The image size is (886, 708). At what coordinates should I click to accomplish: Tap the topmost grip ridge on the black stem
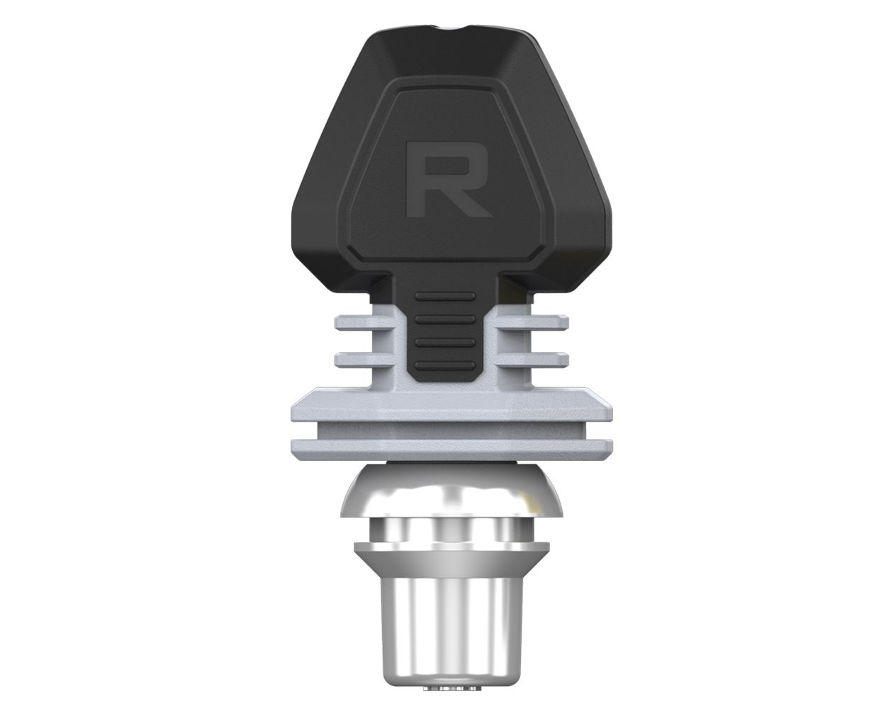[x=444, y=297]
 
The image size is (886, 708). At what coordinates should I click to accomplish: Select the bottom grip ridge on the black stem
[x=444, y=366]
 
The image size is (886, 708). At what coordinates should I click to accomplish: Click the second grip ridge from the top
[x=444, y=319]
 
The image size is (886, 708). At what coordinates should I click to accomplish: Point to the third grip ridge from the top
[x=444, y=343]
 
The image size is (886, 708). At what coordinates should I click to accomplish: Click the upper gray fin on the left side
[x=361, y=324]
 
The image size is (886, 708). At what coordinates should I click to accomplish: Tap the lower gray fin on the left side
[x=361, y=358]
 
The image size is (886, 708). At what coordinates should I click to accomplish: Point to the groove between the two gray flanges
[x=451, y=428]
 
